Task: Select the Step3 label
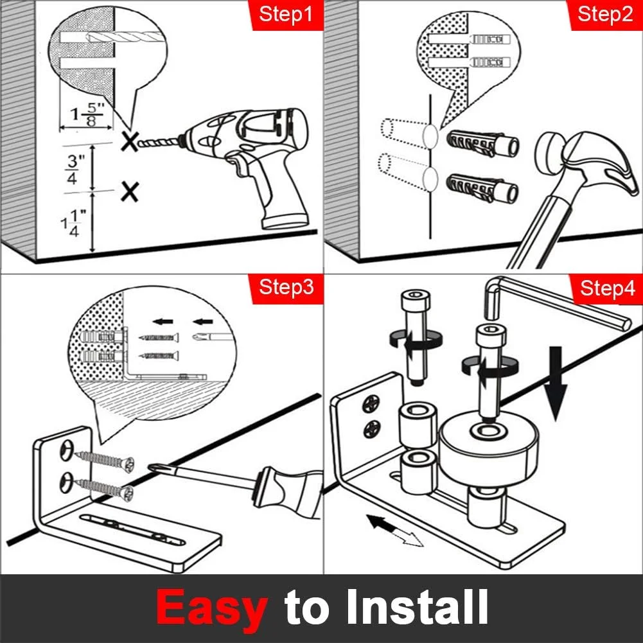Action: point(286,287)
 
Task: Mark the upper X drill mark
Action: point(130,141)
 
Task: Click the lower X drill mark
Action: point(130,191)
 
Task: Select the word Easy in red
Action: point(212,607)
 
